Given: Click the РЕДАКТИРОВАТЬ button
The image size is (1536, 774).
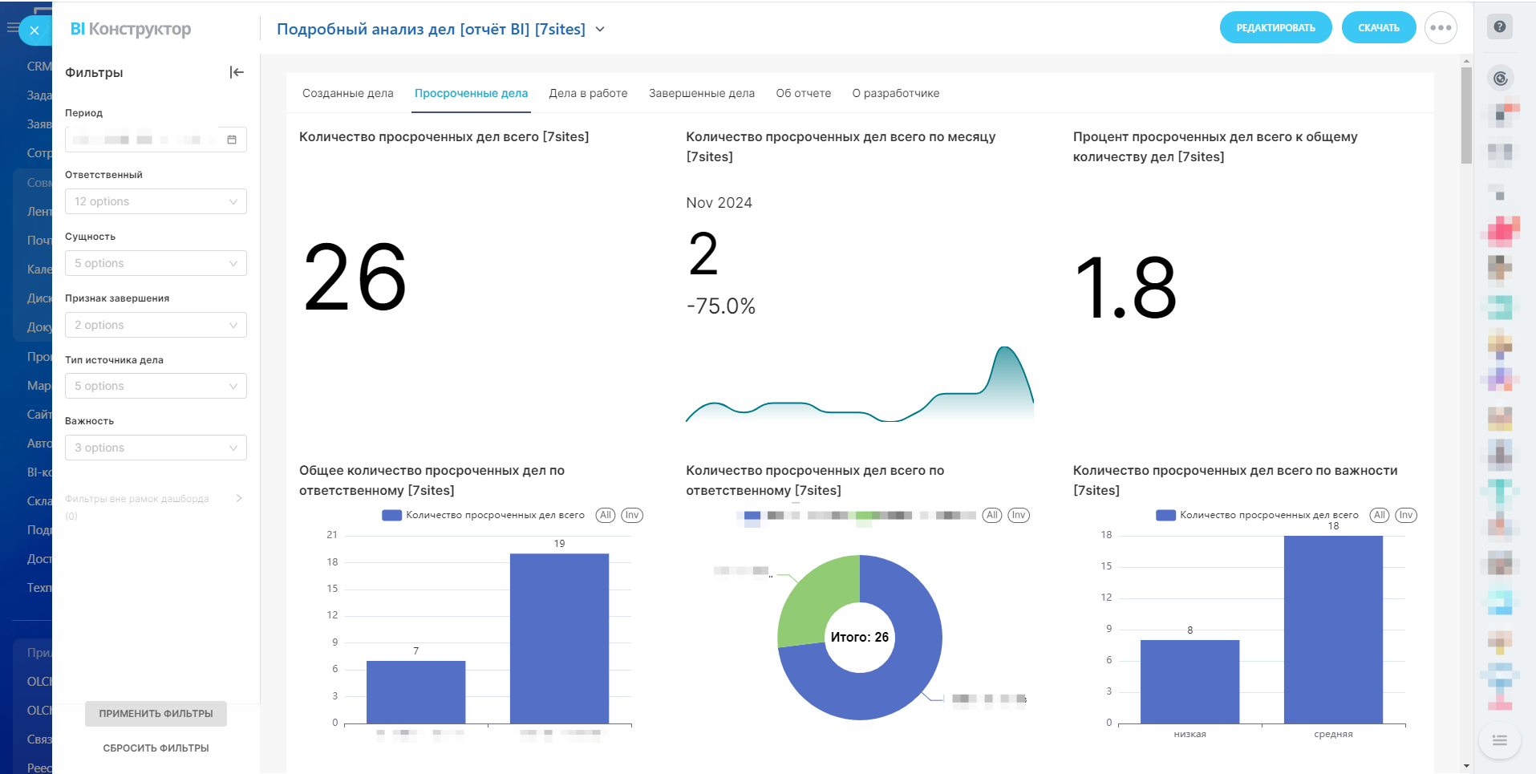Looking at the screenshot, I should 1275,28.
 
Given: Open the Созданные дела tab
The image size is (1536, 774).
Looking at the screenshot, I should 347,93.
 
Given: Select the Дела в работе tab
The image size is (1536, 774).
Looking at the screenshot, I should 588,93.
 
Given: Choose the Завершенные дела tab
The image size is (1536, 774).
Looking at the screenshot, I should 701,93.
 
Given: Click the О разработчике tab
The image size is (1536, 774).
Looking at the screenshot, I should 895,93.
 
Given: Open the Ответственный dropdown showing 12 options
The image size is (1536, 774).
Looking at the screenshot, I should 156,201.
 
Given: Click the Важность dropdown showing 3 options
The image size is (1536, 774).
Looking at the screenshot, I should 156,448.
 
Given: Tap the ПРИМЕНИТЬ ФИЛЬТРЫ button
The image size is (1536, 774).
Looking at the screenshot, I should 156,713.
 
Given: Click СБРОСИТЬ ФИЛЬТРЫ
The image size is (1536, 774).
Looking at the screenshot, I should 156,748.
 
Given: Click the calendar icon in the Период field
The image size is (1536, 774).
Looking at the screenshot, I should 232,140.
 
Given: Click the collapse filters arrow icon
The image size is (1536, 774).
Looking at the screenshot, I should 237,72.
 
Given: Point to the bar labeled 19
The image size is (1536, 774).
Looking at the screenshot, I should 559,638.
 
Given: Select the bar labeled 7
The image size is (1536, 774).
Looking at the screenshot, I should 415,691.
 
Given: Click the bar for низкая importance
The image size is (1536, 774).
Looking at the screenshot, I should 1189,682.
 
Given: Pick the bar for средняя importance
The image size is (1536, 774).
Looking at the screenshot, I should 1333,630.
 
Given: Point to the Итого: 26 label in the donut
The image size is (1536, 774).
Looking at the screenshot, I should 859,637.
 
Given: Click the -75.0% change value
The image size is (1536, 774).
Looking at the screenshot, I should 721,306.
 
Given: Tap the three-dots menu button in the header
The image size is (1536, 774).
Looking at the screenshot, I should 1441,28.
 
